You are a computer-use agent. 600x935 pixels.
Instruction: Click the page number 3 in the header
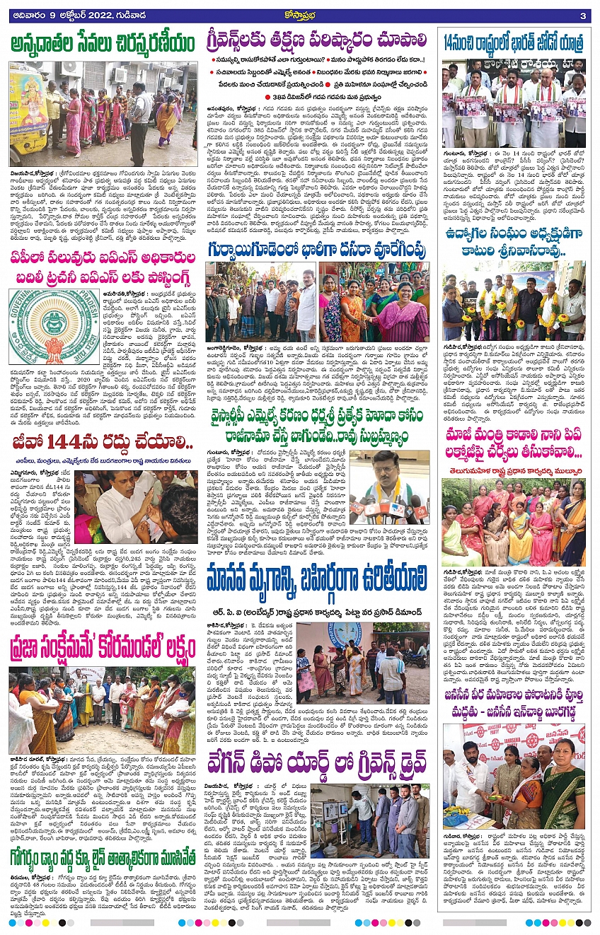pos(582,16)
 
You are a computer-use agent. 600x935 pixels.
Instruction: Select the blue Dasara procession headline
pos(317,252)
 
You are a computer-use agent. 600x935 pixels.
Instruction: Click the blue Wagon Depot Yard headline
pos(317,765)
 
